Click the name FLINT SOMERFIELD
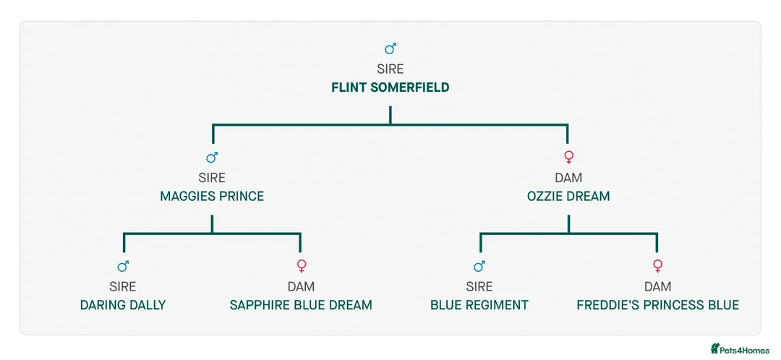(x=390, y=87)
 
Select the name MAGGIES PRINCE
(x=212, y=196)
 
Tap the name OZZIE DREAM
(x=568, y=196)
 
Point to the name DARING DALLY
(x=123, y=305)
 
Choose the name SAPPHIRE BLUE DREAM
(x=301, y=305)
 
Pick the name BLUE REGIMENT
(x=479, y=305)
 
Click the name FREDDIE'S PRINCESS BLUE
(x=657, y=305)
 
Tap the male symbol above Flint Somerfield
(x=390, y=48)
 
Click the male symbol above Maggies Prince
(x=212, y=158)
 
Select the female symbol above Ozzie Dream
(x=569, y=158)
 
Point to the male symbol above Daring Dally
(x=124, y=267)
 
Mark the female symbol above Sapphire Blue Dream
(x=302, y=266)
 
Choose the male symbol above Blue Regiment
(x=479, y=267)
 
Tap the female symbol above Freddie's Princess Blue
(x=657, y=266)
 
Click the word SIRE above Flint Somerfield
(x=390, y=69)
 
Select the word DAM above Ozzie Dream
(x=568, y=178)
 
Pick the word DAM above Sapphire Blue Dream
(x=301, y=286)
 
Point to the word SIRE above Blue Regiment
(x=479, y=286)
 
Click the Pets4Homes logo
(x=741, y=349)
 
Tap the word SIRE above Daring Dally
(x=123, y=286)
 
